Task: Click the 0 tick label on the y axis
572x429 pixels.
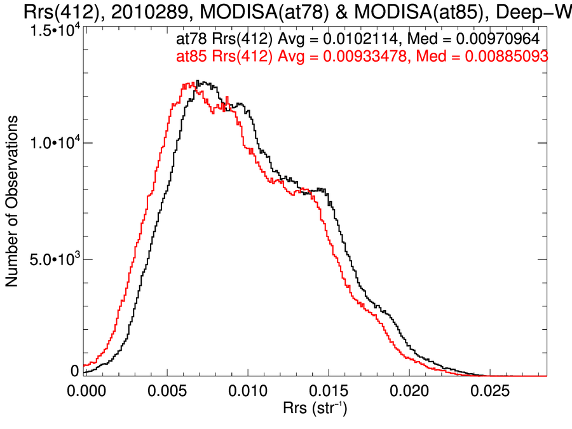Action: (74, 371)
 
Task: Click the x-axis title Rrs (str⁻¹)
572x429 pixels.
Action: (315, 407)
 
